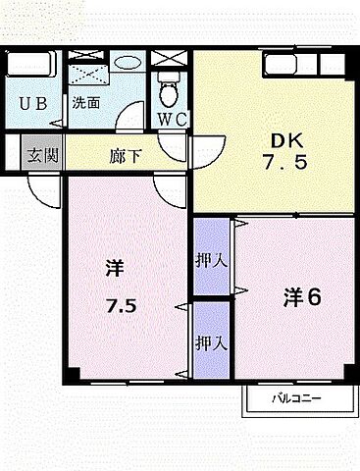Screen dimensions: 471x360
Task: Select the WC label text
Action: coord(173,119)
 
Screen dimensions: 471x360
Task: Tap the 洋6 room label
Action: coord(304,295)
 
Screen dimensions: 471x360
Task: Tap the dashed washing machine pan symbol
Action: coord(90,67)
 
